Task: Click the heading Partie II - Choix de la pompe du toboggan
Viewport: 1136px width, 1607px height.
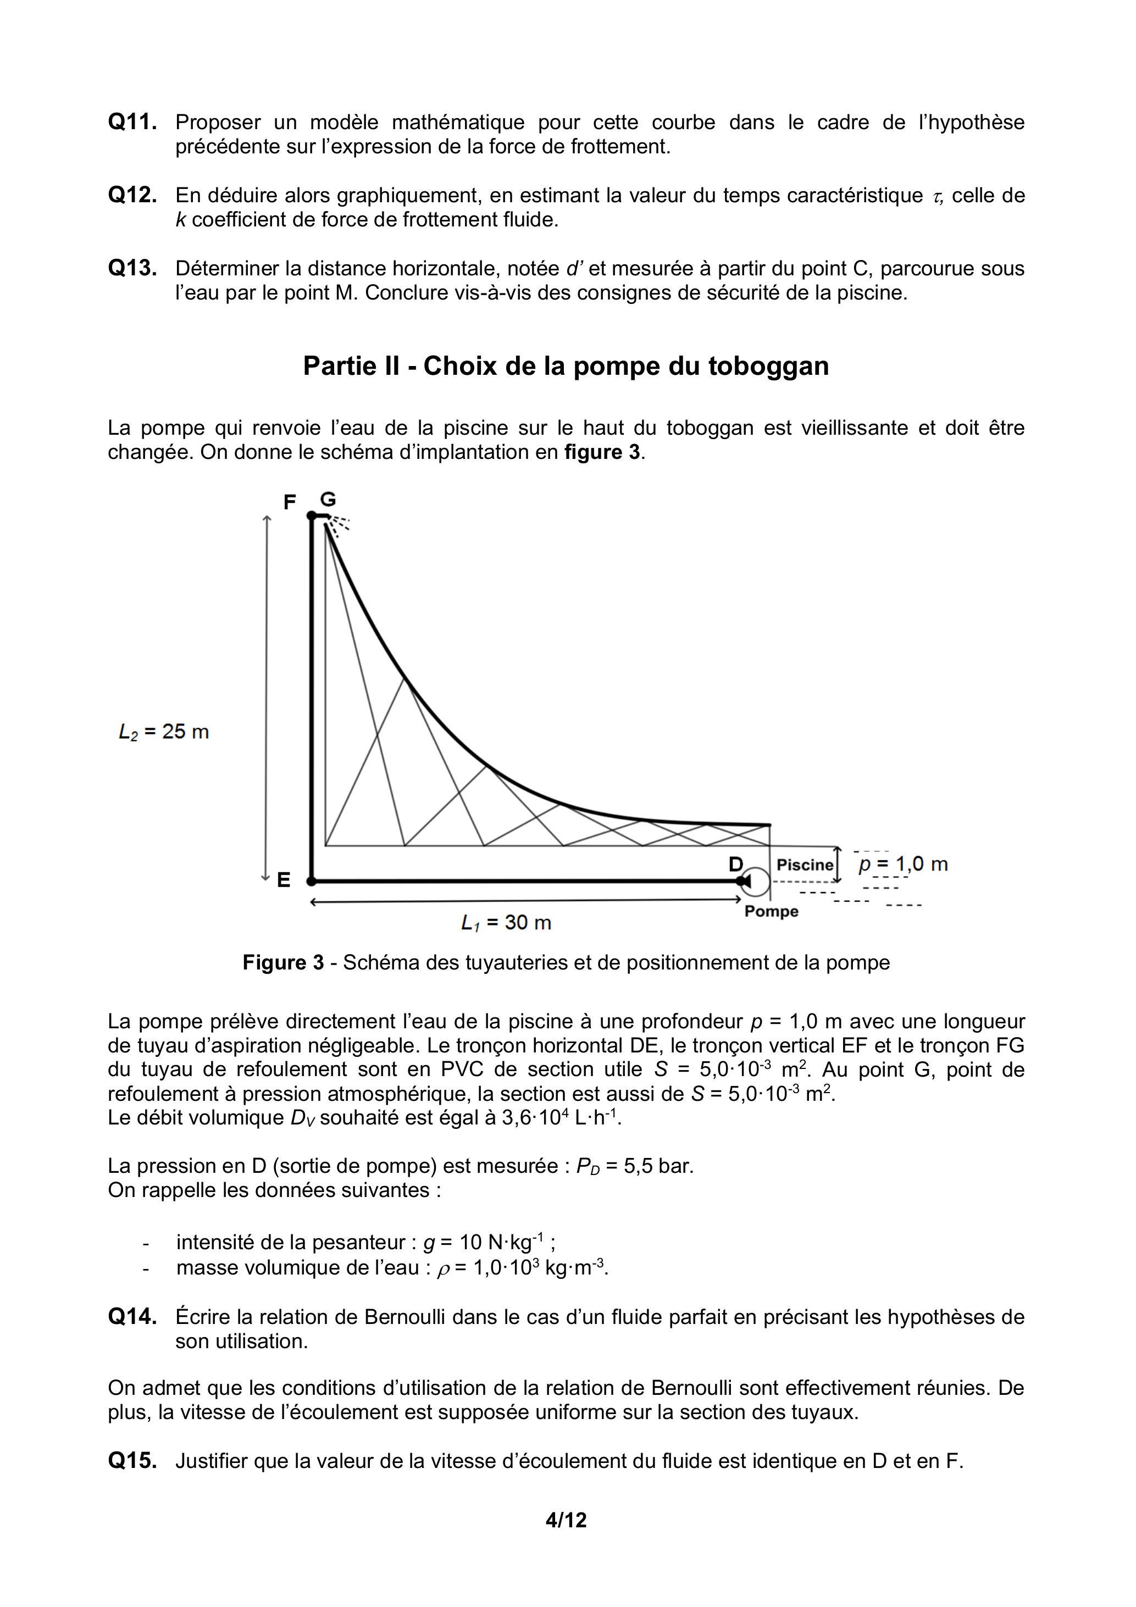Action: click(x=566, y=366)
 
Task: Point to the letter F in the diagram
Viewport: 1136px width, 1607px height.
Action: click(x=289, y=502)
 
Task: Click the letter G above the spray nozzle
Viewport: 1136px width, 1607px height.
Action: click(x=328, y=499)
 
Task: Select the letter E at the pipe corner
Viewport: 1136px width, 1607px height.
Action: click(x=284, y=880)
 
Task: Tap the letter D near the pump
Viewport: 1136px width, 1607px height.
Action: click(x=736, y=865)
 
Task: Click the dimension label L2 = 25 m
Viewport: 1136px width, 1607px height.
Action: click(x=164, y=732)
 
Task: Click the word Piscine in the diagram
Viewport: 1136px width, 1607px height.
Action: click(x=805, y=865)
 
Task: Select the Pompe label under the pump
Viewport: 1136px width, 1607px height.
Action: click(x=771, y=911)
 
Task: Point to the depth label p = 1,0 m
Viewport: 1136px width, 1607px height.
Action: click(x=903, y=865)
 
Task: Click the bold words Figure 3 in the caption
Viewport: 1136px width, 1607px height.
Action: click(x=284, y=963)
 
